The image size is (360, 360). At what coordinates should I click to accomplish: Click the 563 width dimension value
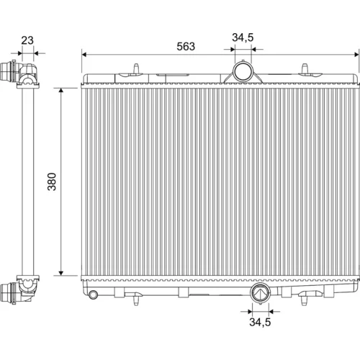186,46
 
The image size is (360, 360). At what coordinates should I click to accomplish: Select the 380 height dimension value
52,181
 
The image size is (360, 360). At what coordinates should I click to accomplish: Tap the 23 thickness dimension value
27,40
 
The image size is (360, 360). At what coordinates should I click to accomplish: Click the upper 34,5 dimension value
243,37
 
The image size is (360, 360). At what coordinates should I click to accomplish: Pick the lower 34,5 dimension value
260,322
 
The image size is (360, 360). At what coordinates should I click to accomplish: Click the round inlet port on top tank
243,71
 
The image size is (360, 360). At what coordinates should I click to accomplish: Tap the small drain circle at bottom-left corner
93,294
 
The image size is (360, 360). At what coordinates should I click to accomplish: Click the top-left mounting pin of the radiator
136,68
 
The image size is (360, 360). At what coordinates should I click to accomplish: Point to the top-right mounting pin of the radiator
305,68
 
